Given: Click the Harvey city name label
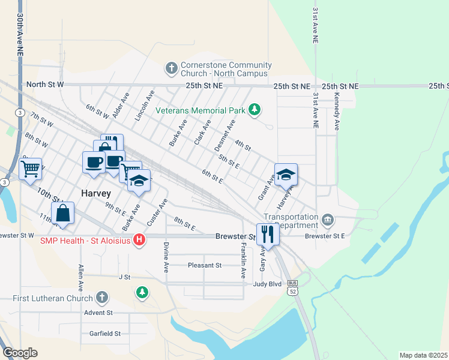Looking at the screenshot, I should coord(95,193).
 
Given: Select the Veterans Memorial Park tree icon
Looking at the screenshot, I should coord(256,109).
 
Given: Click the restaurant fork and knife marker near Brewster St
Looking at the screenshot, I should coord(268,234).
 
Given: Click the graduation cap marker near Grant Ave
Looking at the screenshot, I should coord(286,175).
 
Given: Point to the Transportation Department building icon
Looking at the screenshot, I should coord(328,220).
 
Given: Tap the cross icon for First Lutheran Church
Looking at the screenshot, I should coord(102,297).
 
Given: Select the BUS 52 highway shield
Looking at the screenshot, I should coord(292,286).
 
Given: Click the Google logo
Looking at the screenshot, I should coord(20,353).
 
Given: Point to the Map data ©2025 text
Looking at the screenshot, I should coord(423,355).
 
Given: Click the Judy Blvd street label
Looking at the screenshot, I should coord(267,284).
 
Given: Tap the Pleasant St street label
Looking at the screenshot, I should coord(205,265).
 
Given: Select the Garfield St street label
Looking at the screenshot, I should coord(106,334).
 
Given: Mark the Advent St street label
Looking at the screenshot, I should coord(98,313).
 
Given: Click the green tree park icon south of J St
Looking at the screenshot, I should coord(142,292).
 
